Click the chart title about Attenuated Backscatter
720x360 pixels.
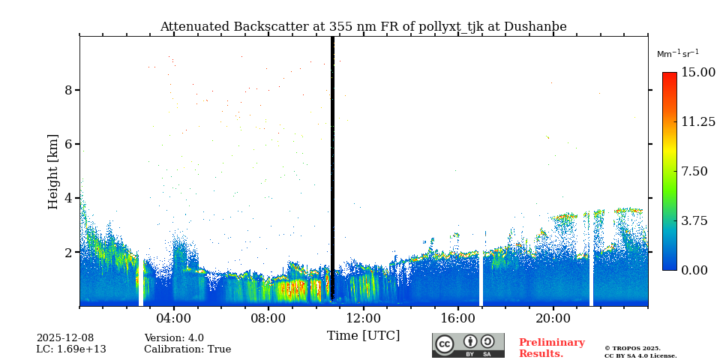363,27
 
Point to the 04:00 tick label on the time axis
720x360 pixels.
174,318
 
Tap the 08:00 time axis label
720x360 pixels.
268,318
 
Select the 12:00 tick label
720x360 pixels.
363,318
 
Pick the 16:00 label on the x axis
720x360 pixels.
458,318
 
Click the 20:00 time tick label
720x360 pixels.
553,318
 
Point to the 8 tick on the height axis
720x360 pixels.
68,90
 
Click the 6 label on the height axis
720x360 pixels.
68,144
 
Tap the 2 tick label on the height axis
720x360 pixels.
68,253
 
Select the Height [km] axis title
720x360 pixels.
53,171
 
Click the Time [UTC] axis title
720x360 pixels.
363,335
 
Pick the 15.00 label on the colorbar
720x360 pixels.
697,73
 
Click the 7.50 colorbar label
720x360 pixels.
694,171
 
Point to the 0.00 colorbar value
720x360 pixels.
694,270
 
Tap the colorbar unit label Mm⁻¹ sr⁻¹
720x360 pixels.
677,54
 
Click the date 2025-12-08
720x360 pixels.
65,338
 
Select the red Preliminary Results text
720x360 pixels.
551,348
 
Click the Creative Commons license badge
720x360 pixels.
468,345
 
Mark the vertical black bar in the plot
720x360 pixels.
332,169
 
